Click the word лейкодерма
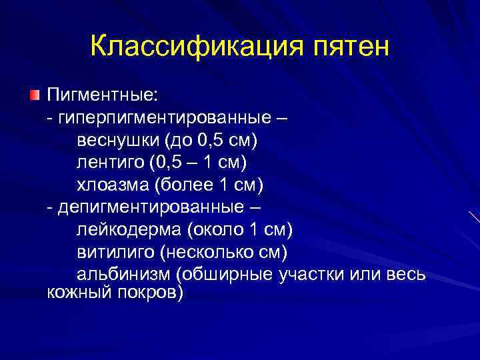click(129, 229)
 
